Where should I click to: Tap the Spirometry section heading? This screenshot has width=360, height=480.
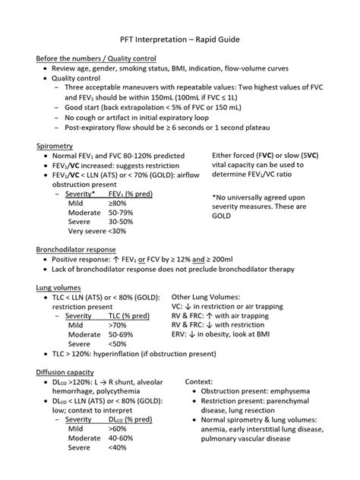click(x=55, y=145)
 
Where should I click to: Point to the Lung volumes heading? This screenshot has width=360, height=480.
click(x=58, y=289)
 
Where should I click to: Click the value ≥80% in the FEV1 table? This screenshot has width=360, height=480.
click(x=118, y=204)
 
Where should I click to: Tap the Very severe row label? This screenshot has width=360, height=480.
click(x=86, y=231)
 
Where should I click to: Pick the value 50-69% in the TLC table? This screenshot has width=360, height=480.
click(x=122, y=333)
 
